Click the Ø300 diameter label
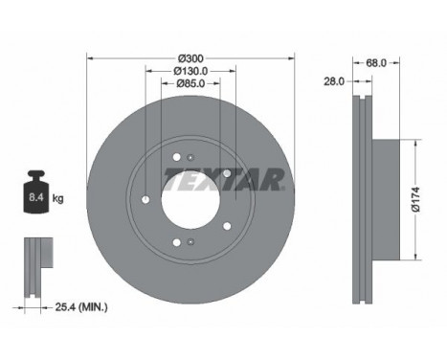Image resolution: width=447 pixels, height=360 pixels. [x=190, y=58]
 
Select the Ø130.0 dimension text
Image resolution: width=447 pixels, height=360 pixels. [x=190, y=71]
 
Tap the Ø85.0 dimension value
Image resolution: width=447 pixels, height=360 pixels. [x=190, y=83]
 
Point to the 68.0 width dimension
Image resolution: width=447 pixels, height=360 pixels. [x=376, y=63]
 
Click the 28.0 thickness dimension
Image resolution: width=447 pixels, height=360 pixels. [x=334, y=81]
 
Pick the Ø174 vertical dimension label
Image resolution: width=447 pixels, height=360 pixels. [x=415, y=199]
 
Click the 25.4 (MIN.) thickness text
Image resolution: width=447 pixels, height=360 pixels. [x=81, y=307]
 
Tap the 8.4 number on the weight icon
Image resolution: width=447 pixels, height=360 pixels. [x=36, y=197]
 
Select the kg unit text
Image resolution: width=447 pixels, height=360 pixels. [x=57, y=198]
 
